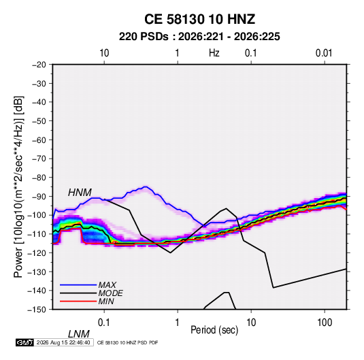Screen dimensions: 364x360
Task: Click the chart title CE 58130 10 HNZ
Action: click(x=199, y=19)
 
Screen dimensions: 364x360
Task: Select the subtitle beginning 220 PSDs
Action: click(x=199, y=37)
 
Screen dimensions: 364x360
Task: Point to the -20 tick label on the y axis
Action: click(x=39, y=65)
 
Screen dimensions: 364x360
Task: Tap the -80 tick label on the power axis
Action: click(x=39, y=178)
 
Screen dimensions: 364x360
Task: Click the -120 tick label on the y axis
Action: click(x=37, y=252)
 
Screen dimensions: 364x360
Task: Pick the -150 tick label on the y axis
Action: click(x=37, y=310)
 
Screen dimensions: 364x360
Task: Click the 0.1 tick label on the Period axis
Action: click(x=104, y=323)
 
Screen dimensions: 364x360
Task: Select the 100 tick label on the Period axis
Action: click(x=325, y=323)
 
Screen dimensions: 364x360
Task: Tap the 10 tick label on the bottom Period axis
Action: click(x=251, y=323)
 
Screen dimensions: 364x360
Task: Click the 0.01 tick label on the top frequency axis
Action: click(x=324, y=53)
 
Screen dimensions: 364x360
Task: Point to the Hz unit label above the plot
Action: click(x=214, y=53)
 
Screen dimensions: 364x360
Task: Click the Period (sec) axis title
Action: click(x=214, y=330)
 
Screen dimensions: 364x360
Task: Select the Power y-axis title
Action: click(x=18, y=187)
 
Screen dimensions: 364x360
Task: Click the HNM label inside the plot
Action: click(x=80, y=193)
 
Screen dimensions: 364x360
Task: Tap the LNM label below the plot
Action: click(x=79, y=334)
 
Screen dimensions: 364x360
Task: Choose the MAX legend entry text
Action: click(x=107, y=284)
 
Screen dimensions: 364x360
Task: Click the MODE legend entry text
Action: click(x=110, y=293)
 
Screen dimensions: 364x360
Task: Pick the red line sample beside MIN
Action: click(x=78, y=301)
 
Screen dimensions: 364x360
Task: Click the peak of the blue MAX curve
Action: click(x=146, y=186)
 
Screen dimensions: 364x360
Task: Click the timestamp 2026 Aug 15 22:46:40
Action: click(x=63, y=342)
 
